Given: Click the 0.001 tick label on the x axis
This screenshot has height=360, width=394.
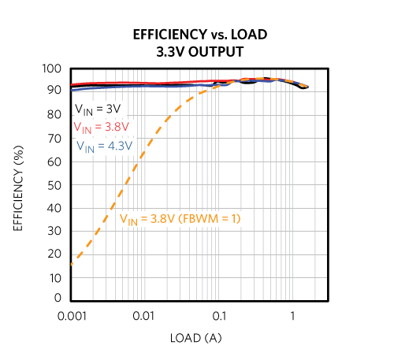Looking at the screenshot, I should coord(72,315).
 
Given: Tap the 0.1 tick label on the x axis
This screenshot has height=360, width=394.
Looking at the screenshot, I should coord(218,315).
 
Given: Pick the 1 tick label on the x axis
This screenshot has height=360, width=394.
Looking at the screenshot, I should coord(293,315).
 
